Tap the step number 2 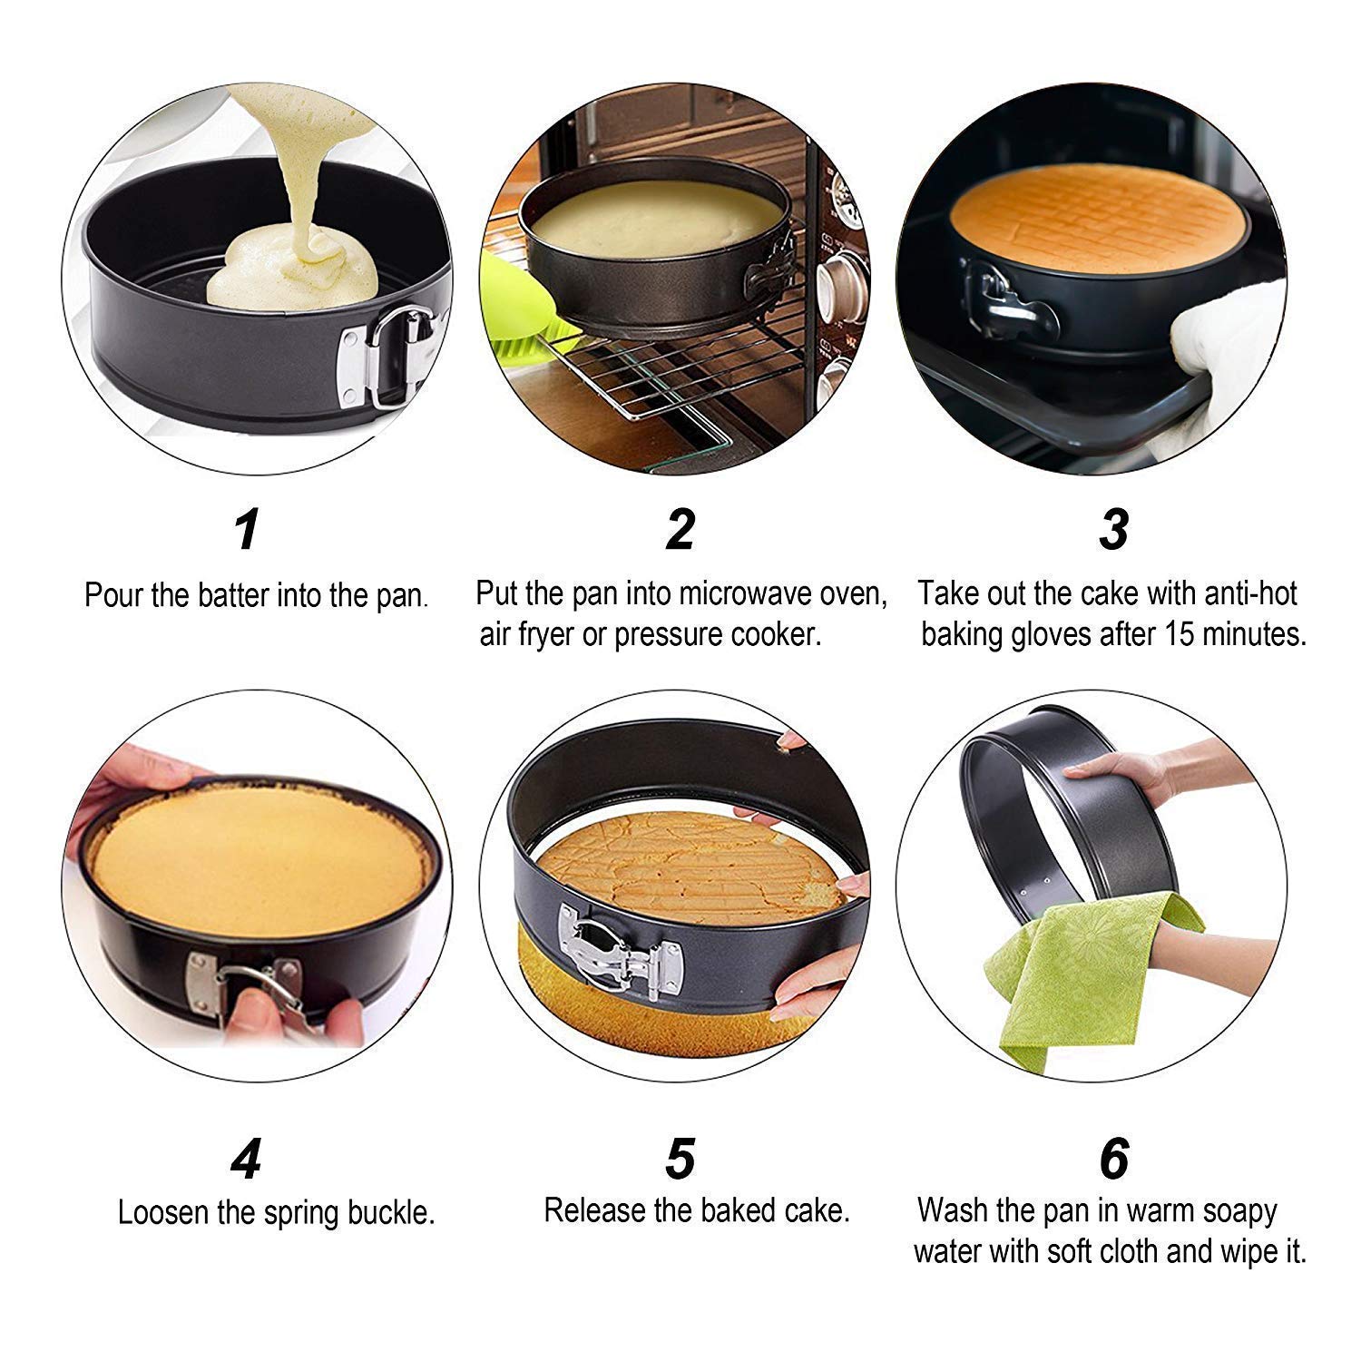point(680,530)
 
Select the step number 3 point(1113,530)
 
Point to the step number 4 point(246,1159)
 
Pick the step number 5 point(680,1159)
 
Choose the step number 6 point(1113,1159)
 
